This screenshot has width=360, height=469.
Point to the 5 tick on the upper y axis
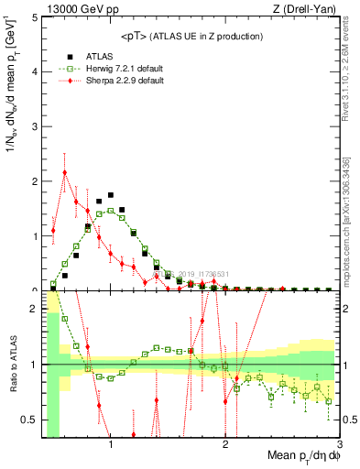(x=34, y=17)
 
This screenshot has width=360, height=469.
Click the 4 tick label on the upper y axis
(x=34, y=72)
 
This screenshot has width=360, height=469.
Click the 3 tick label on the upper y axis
(x=34, y=126)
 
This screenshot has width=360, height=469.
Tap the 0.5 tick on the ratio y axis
(x=29, y=420)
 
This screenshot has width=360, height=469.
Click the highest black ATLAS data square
(x=111, y=195)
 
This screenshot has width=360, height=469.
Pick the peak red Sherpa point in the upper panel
(x=65, y=172)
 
